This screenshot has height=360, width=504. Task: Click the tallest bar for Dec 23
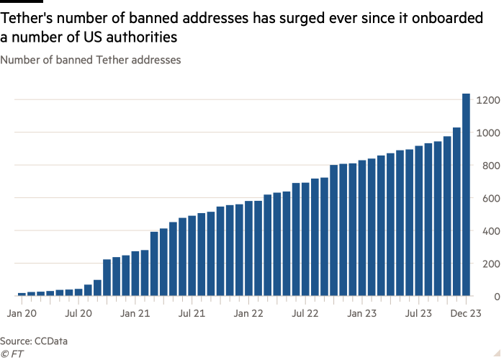click(x=466, y=194)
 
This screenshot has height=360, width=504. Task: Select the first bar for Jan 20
click(x=22, y=294)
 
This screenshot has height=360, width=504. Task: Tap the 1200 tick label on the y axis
click(x=483, y=100)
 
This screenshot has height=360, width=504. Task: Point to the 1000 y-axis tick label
click(x=483, y=133)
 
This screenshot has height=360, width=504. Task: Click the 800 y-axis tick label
click(x=485, y=166)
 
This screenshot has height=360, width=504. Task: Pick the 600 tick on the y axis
click(x=485, y=199)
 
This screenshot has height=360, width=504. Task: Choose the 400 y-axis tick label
click(x=485, y=231)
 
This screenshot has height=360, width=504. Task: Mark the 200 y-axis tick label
click(x=485, y=264)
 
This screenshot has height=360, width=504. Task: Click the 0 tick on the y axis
click(x=489, y=297)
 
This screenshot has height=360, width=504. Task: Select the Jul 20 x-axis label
click(x=78, y=313)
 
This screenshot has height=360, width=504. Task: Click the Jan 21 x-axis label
click(x=135, y=313)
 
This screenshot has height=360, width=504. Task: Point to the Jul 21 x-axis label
click(x=192, y=313)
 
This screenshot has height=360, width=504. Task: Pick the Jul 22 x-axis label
click(x=305, y=313)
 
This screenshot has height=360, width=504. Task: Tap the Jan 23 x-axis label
click(x=362, y=313)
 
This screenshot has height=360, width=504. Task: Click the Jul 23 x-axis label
click(x=419, y=313)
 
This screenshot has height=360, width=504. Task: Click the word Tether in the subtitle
click(x=107, y=60)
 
